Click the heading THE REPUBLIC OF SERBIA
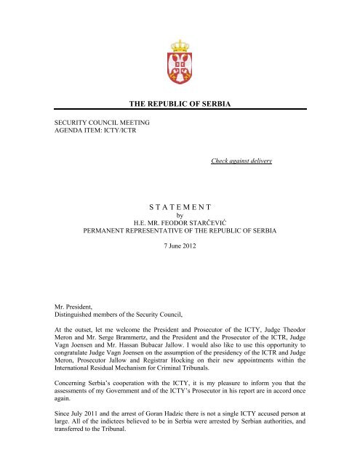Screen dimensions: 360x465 (x=179, y=105)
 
